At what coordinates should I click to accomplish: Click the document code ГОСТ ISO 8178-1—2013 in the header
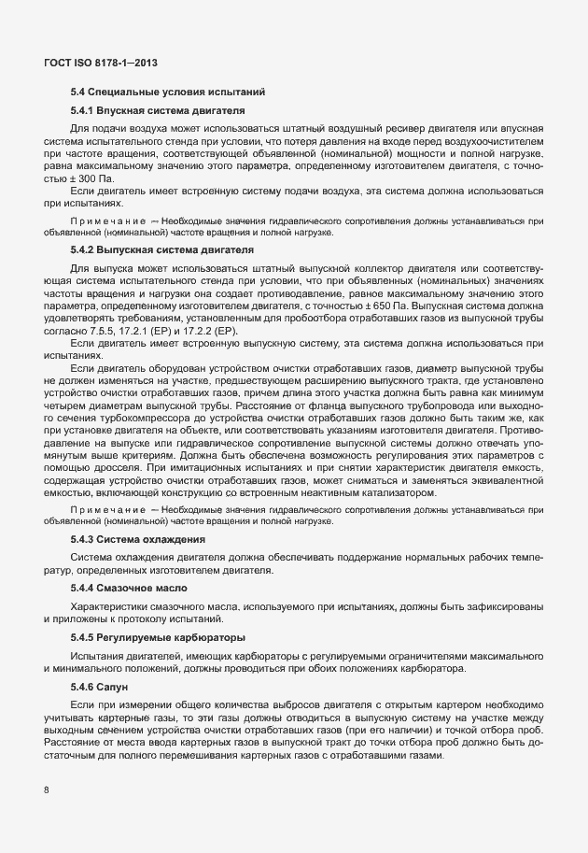click(100, 63)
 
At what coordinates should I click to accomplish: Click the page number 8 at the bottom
click(47, 789)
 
